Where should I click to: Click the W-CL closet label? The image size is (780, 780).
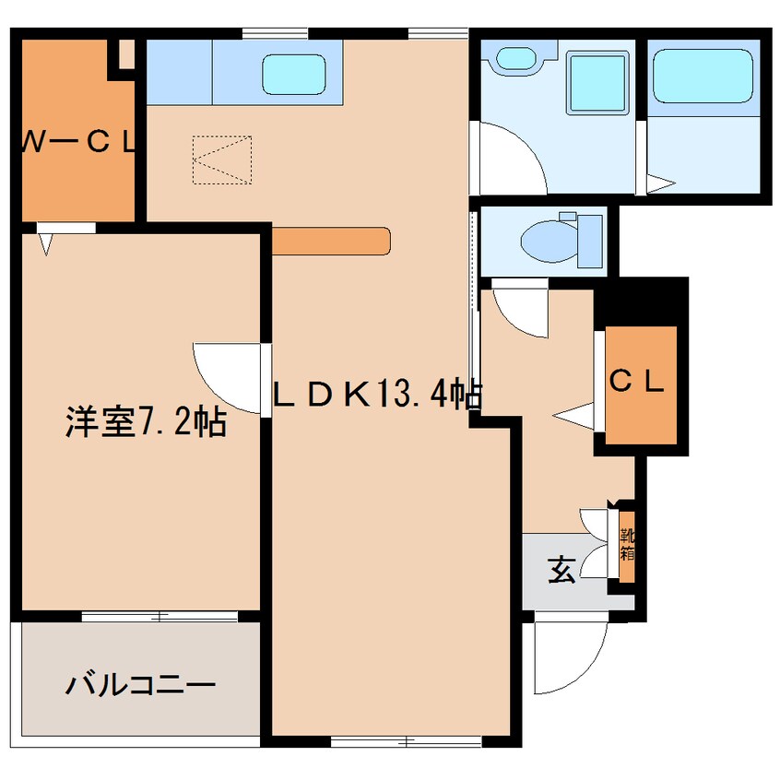[78, 143]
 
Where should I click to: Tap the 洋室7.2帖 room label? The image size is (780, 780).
[147, 422]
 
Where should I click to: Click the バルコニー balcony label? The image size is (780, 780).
[141, 686]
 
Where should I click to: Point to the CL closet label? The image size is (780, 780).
[637, 382]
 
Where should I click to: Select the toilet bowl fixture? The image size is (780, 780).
[561, 241]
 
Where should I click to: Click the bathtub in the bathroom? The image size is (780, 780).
[703, 76]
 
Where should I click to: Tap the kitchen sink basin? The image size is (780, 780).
[294, 74]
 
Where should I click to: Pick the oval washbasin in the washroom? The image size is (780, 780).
[517, 58]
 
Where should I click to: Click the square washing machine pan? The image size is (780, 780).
[597, 83]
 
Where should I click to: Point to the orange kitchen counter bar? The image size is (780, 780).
[331, 241]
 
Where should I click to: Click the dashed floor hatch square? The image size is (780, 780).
[222, 160]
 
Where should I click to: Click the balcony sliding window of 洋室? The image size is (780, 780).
[160, 617]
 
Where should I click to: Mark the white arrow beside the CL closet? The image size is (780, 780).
[573, 416]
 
